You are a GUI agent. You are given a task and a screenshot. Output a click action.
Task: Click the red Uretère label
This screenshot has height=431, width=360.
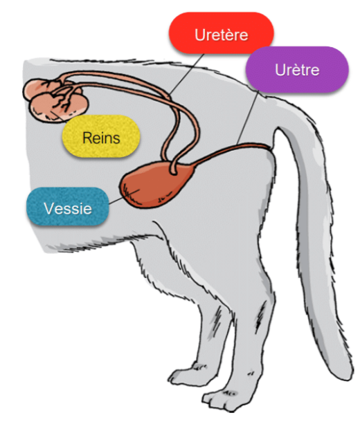click(x=221, y=33)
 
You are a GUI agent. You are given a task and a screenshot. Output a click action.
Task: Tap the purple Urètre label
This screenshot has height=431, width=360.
click(x=297, y=69)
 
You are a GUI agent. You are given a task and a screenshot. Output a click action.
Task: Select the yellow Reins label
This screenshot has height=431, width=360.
click(x=101, y=136)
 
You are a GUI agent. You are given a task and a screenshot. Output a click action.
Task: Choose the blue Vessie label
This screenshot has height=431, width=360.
click(x=68, y=207)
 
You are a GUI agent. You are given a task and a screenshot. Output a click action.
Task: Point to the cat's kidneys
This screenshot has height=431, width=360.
click(x=55, y=100)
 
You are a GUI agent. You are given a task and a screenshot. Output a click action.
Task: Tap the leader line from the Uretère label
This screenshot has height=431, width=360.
click(x=186, y=75)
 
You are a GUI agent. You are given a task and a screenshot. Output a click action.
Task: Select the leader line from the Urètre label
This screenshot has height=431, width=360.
click(x=247, y=118)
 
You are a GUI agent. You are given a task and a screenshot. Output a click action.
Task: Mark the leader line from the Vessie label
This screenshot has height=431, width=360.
click(x=125, y=196)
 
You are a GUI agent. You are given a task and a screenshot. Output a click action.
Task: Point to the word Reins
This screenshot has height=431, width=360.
click(x=101, y=137)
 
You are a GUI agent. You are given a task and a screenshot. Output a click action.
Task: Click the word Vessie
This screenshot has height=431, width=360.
click(x=68, y=208)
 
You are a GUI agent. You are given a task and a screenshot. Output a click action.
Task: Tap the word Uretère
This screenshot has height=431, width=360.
click(x=222, y=35)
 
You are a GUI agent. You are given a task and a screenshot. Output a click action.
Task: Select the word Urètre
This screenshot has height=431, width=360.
click(x=297, y=70)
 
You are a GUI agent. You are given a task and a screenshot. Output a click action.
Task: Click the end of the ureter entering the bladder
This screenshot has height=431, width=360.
click(x=173, y=172)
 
